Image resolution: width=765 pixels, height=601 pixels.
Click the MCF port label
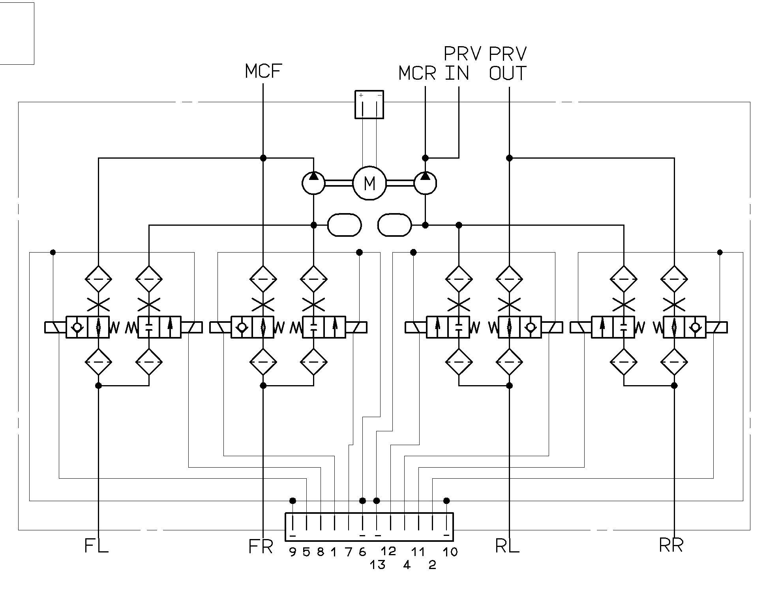pyautogui.click(x=263, y=71)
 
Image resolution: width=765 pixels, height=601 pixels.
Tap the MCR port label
pyautogui.click(x=417, y=73)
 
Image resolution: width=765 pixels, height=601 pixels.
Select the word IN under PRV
pyautogui.click(x=457, y=73)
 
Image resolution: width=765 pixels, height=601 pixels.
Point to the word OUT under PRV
pyautogui.click(x=508, y=73)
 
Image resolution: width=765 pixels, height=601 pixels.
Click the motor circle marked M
pyautogui.click(x=369, y=183)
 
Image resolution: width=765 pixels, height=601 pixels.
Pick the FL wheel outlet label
pyautogui.click(x=96, y=546)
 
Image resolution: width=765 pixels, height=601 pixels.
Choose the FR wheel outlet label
pyautogui.click(x=261, y=547)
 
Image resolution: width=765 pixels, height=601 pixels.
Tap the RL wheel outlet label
pyautogui.click(x=507, y=546)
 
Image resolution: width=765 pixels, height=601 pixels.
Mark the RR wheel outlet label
pyautogui.click(x=671, y=545)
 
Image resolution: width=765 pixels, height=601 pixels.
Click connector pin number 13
pyautogui.click(x=377, y=565)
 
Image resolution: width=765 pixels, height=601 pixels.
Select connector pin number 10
pyautogui.click(x=450, y=552)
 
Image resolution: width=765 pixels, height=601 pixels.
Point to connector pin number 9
pyautogui.click(x=292, y=552)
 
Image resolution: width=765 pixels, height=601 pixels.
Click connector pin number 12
pyautogui.click(x=388, y=551)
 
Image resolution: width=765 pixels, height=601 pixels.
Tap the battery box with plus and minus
pyautogui.click(x=369, y=105)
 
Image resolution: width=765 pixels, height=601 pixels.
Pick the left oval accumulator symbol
pyautogui.click(x=345, y=225)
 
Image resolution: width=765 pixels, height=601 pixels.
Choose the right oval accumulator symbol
pyautogui.click(x=394, y=225)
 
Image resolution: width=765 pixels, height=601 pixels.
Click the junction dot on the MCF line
pyautogui.click(x=263, y=158)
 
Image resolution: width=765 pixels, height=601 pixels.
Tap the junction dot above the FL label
pyautogui.click(x=99, y=385)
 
